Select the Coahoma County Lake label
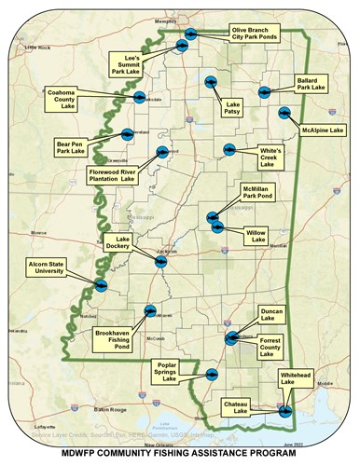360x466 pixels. [67, 98]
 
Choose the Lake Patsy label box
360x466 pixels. [232, 108]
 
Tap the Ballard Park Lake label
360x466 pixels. [310, 84]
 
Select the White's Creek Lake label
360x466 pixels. [272, 154]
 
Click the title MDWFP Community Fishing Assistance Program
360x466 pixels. [179, 456]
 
